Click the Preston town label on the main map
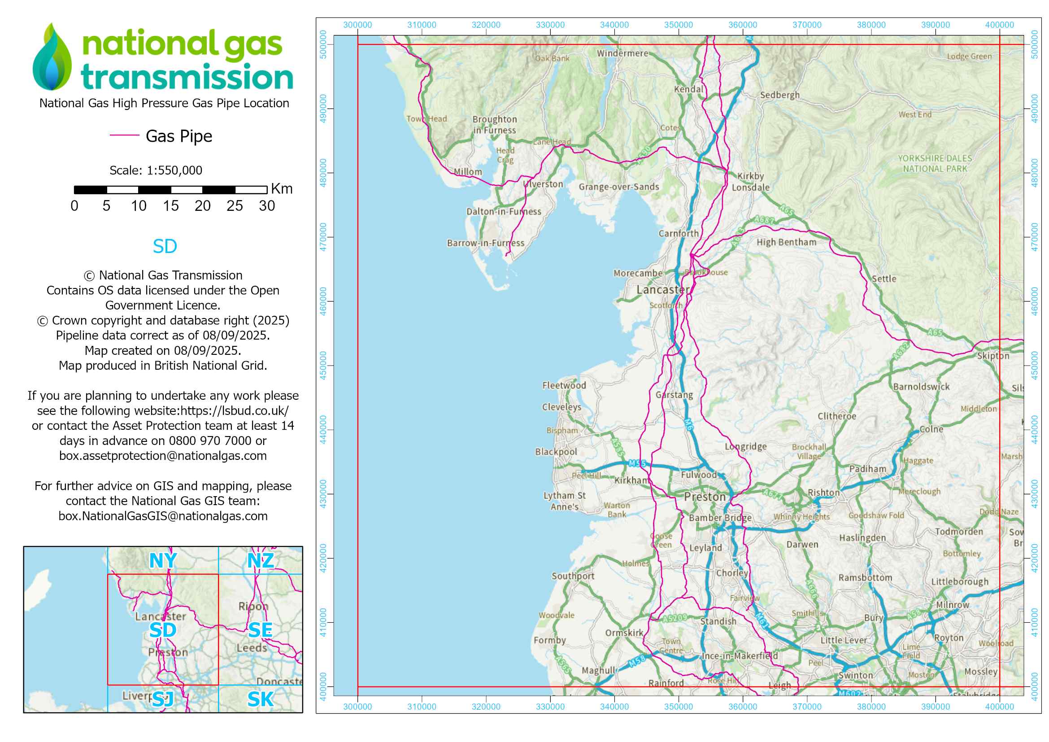point(705,497)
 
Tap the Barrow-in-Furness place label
point(485,244)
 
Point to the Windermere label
point(622,53)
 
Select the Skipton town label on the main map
point(993,356)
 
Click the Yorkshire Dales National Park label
point(934,164)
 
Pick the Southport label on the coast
point(572,576)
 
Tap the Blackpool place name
point(556,452)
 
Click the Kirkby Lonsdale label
point(750,182)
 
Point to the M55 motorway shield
point(637,464)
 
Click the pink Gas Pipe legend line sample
point(124,135)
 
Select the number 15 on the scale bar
point(170,206)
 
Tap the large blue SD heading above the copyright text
point(165,247)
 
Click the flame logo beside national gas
point(52,57)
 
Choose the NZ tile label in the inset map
point(261,561)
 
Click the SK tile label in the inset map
point(261,699)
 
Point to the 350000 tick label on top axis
point(678,25)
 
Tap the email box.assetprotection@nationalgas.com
point(163,456)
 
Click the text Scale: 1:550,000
point(156,170)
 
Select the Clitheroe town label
point(836,416)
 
